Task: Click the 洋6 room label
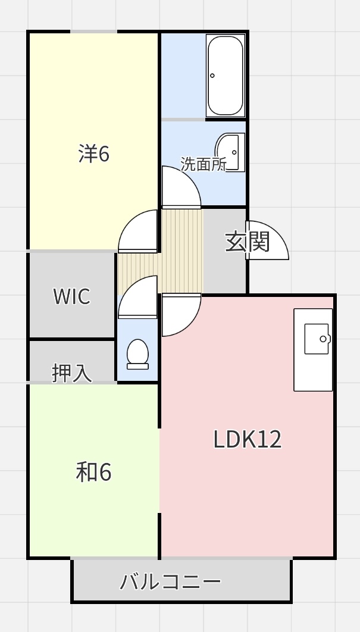94,154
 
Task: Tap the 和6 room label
94,473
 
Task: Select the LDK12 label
247,439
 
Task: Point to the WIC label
72,296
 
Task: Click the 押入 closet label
72,373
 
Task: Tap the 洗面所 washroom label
204,164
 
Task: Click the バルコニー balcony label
171,581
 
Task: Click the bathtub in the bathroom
226,76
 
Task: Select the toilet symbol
137,353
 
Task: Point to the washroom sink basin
229,152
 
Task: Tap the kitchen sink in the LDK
316,339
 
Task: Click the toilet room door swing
137,298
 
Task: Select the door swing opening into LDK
180,314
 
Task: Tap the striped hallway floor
181,250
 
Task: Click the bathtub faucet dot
212,76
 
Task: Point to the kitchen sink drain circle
323,339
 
